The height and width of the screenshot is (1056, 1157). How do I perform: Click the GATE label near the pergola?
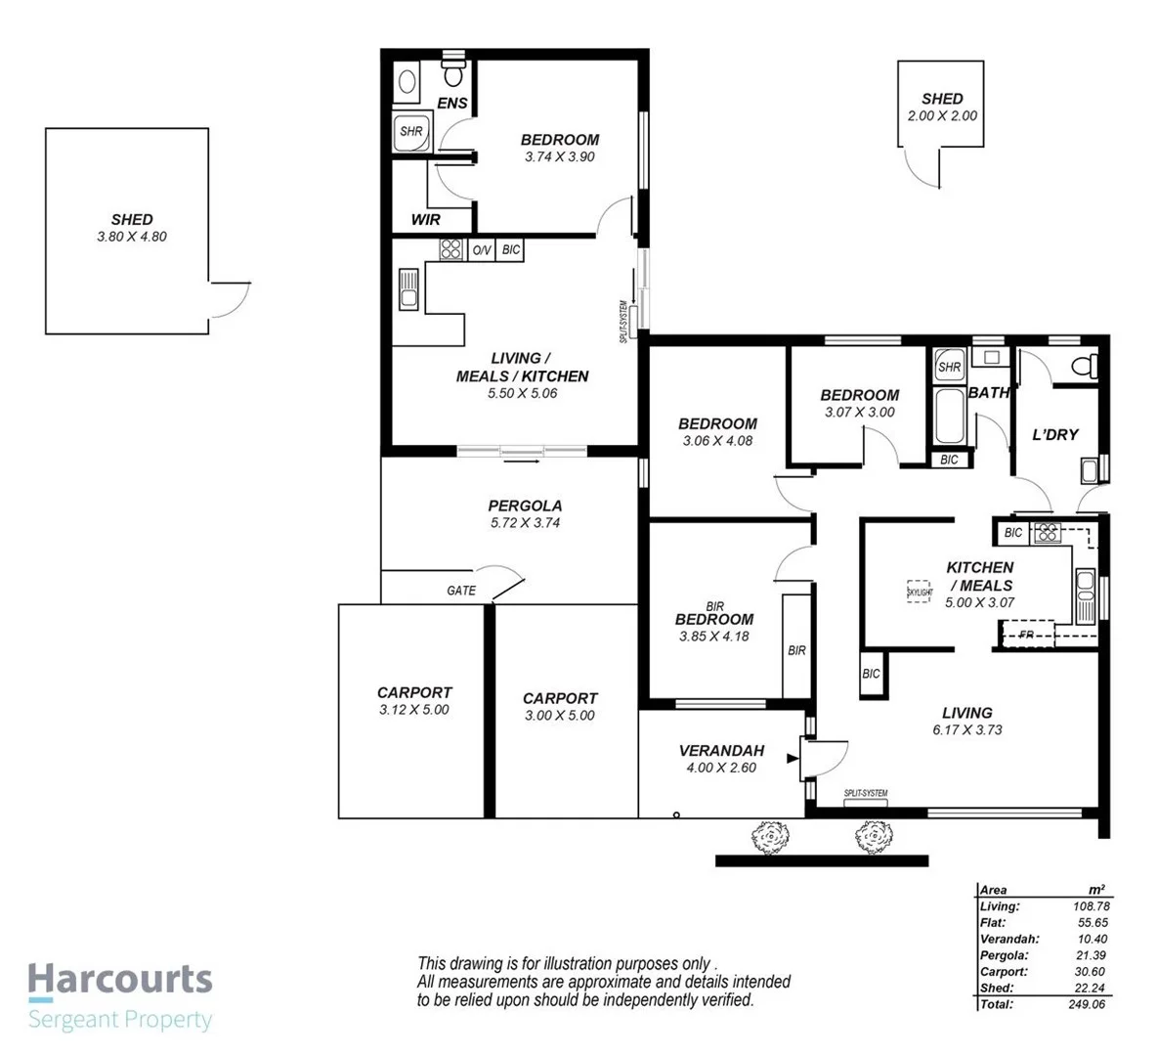(x=461, y=591)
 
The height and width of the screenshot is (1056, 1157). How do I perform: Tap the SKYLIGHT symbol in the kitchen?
(x=920, y=592)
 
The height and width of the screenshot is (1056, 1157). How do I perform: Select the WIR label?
(x=425, y=220)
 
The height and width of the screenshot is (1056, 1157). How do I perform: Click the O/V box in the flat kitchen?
(x=482, y=250)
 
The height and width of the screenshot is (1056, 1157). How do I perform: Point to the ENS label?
(x=451, y=103)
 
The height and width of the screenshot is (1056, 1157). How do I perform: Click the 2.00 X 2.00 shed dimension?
(x=942, y=115)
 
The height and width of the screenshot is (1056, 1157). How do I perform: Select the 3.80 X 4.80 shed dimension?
(x=132, y=236)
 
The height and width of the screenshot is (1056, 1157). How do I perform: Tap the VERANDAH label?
(x=721, y=751)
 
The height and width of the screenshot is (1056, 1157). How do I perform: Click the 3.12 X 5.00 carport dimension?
(x=414, y=709)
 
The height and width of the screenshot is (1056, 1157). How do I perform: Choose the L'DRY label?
(x=1055, y=434)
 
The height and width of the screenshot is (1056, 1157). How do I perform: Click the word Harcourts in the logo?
(x=120, y=978)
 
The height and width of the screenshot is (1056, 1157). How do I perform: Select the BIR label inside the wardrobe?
(x=796, y=650)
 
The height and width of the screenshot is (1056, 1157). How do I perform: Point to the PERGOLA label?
(x=525, y=506)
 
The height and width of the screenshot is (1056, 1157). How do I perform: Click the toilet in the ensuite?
(x=453, y=73)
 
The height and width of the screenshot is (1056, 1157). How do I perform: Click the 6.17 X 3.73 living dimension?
(x=966, y=729)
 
